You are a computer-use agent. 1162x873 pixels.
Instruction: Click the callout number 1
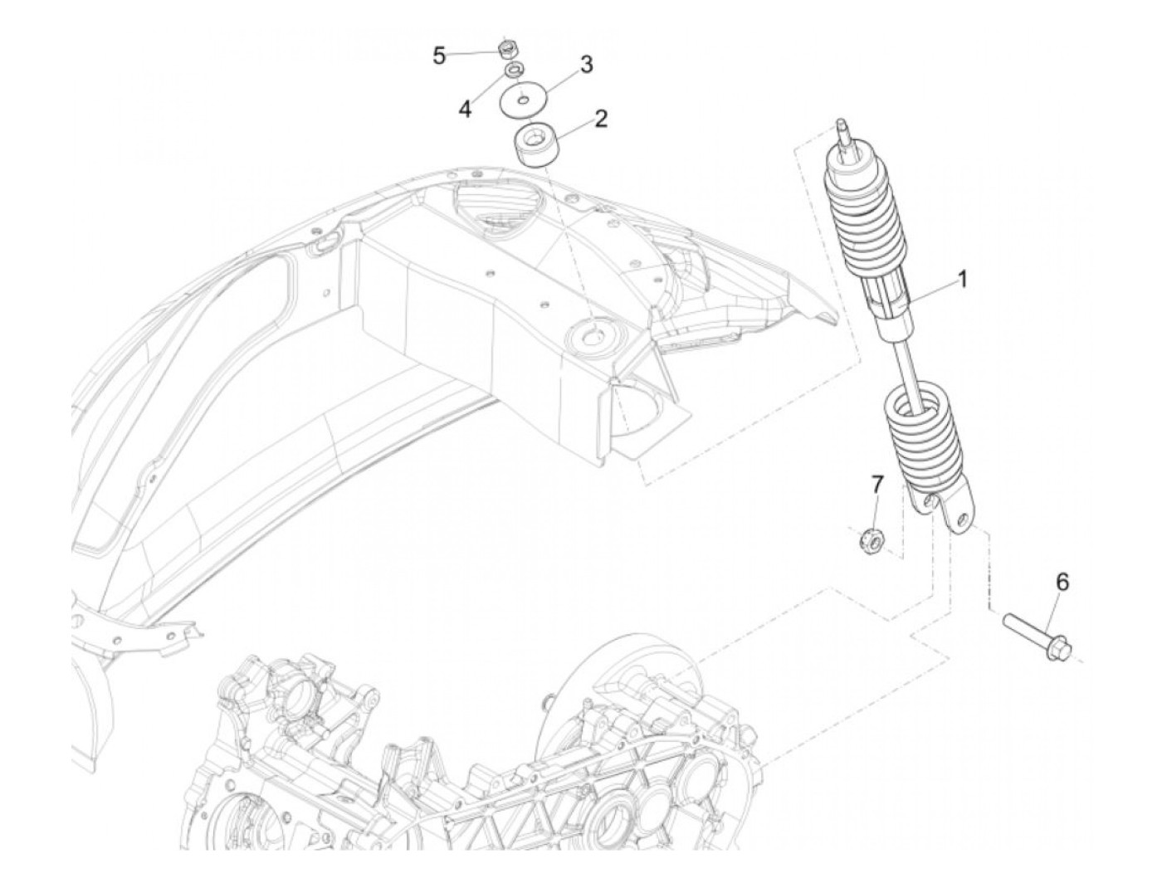pyautogui.click(x=963, y=280)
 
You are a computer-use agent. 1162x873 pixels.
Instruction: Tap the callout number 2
pyautogui.click(x=600, y=118)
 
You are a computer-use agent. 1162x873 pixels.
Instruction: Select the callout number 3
pyautogui.click(x=586, y=64)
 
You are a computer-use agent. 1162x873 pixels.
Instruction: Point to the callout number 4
pyautogui.click(x=466, y=109)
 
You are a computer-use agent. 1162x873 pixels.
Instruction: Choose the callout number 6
pyautogui.click(x=1062, y=583)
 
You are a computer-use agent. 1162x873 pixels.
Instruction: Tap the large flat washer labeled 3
pyautogui.click(x=522, y=103)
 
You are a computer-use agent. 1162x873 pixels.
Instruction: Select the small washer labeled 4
pyautogui.click(x=515, y=70)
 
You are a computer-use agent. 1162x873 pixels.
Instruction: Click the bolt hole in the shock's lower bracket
pyautogui.click(x=963, y=520)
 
